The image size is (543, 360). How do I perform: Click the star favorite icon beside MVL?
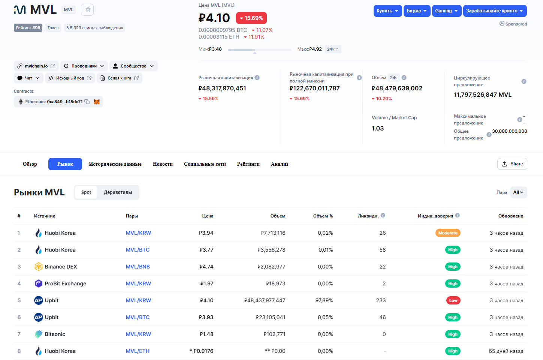point(88,10)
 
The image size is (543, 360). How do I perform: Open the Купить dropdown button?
point(387,11)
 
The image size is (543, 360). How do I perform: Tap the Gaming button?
point(447,11)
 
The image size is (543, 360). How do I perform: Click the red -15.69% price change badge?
point(251,18)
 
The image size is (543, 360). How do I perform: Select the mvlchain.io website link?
point(36,66)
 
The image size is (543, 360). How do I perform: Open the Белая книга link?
point(120,78)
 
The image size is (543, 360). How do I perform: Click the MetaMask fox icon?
point(96,102)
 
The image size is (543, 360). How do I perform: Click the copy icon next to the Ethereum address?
point(87,102)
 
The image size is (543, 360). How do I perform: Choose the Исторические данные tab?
point(115,164)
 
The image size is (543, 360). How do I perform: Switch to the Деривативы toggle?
point(118,192)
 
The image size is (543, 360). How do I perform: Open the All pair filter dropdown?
point(519,192)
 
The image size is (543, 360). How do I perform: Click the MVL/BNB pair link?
point(138,267)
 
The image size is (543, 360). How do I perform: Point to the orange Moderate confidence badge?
point(448,233)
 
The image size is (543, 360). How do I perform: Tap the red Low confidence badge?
point(453,300)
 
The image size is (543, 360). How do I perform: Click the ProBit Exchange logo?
point(38,283)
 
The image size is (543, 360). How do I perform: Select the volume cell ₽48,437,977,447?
point(265,300)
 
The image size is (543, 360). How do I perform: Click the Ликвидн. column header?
point(368,216)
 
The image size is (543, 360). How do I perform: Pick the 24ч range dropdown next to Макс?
point(333,49)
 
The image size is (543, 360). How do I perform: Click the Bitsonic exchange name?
point(55,334)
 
